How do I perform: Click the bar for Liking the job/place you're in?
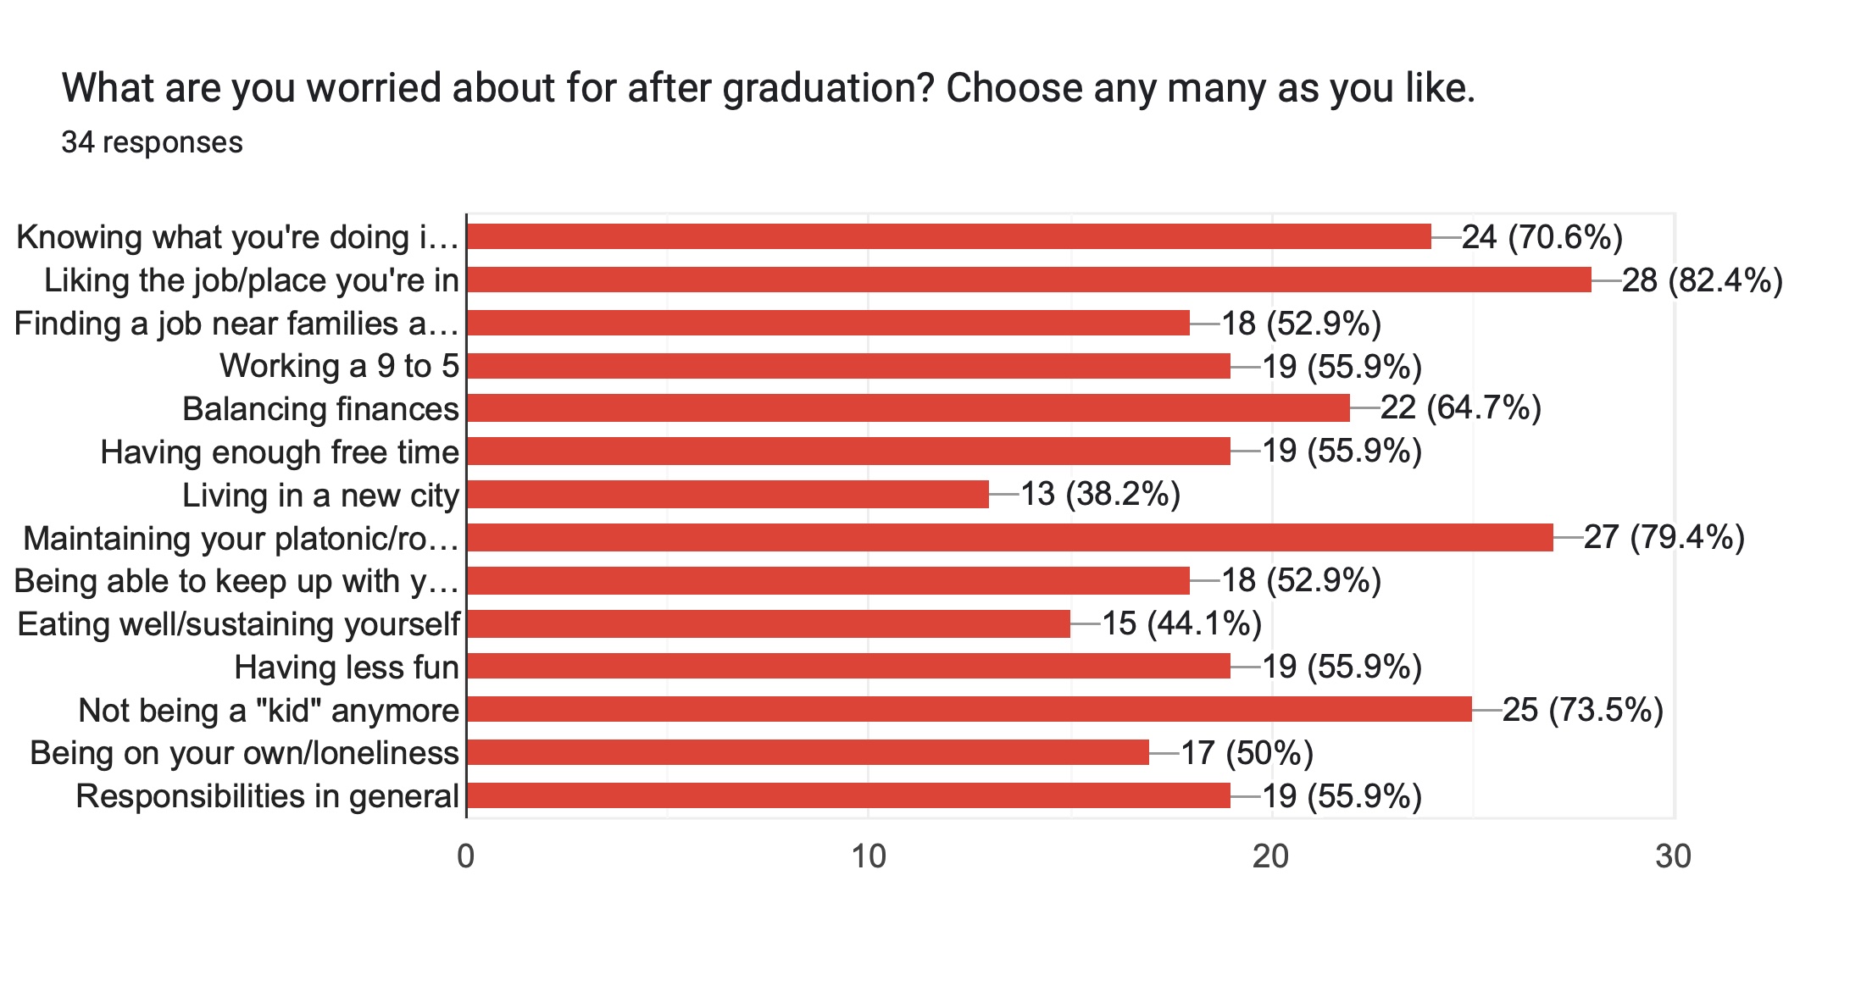click(x=1028, y=280)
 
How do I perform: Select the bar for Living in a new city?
click(x=727, y=495)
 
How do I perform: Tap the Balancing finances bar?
click(x=908, y=408)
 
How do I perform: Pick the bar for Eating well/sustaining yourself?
click(x=768, y=623)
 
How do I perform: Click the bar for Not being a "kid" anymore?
click(x=969, y=709)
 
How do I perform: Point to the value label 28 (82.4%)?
click(x=1702, y=280)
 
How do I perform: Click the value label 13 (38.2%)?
click(x=1100, y=494)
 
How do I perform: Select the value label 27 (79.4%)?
click(x=1664, y=537)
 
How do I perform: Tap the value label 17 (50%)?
click(x=1247, y=752)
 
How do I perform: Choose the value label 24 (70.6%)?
click(x=1542, y=236)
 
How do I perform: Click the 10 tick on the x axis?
click(x=869, y=857)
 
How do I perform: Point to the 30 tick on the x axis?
click(x=1674, y=857)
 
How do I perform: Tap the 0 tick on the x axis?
click(x=465, y=857)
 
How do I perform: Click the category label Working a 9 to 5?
click(x=339, y=366)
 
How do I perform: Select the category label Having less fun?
click(x=347, y=667)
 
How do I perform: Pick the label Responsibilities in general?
click(x=267, y=796)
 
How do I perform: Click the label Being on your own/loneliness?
click(x=244, y=753)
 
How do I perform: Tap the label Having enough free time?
click(x=280, y=452)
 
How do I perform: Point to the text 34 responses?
click(x=152, y=142)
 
